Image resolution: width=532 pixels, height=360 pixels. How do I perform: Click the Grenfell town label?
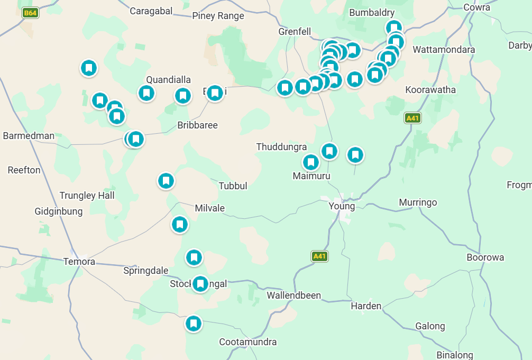tap(295, 32)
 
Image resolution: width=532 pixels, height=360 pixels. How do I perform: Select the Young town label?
tap(342, 206)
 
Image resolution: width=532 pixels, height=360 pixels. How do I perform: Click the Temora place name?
tap(79, 262)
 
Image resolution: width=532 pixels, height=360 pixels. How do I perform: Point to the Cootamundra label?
tap(247, 342)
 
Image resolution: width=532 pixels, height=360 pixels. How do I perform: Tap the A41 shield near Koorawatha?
tap(412, 118)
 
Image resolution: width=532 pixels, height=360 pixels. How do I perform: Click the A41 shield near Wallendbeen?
tap(319, 256)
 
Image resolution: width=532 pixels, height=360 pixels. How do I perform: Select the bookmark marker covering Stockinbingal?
tap(200, 284)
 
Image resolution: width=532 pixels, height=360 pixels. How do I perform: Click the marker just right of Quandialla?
tap(183, 96)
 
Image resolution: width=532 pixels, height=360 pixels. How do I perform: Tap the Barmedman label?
tap(29, 136)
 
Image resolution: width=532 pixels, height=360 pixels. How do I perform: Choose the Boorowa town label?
tap(485, 257)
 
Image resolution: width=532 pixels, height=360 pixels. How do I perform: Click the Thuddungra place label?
tap(281, 147)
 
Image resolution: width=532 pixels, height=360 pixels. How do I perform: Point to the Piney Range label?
tap(218, 16)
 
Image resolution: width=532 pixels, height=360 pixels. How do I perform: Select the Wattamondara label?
tap(444, 50)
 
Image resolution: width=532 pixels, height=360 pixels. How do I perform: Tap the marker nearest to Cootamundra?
tap(194, 323)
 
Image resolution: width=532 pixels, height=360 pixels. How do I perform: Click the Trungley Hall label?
tap(87, 196)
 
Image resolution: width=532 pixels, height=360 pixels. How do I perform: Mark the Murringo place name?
tap(418, 202)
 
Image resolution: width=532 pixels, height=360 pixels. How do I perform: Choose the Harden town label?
tap(366, 306)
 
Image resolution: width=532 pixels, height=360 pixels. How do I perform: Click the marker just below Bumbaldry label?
tap(394, 27)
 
